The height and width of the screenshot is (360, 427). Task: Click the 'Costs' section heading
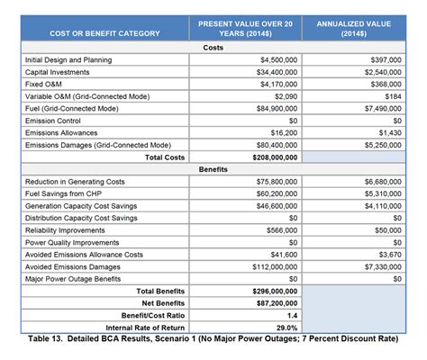[213, 47]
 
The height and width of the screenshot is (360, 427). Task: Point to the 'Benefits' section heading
[213, 168]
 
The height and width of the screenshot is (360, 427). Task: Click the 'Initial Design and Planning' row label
[68, 59]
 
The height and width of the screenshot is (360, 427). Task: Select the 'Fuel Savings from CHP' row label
[66, 193]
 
